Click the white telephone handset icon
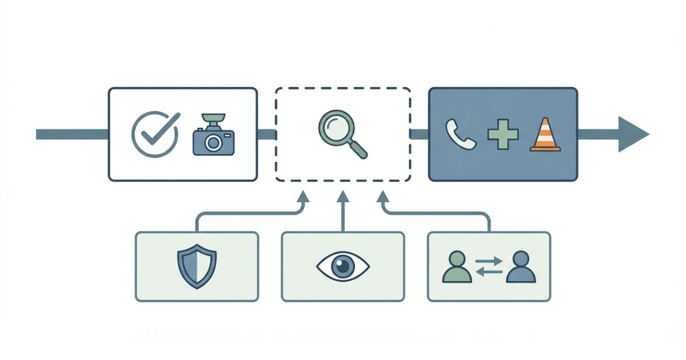(461, 135)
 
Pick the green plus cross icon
(502, 135)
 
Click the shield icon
(197, 266)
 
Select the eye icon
(343, 266)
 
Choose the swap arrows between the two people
(489, 266)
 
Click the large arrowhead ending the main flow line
(632, 134)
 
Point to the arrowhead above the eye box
(343, 197)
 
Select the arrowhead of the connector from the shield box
(303, 198)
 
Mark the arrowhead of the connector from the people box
(382, 198)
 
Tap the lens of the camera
(214, 142)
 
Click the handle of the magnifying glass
(358, 148)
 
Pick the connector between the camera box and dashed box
(266, 135)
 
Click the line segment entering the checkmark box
(71, 134)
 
